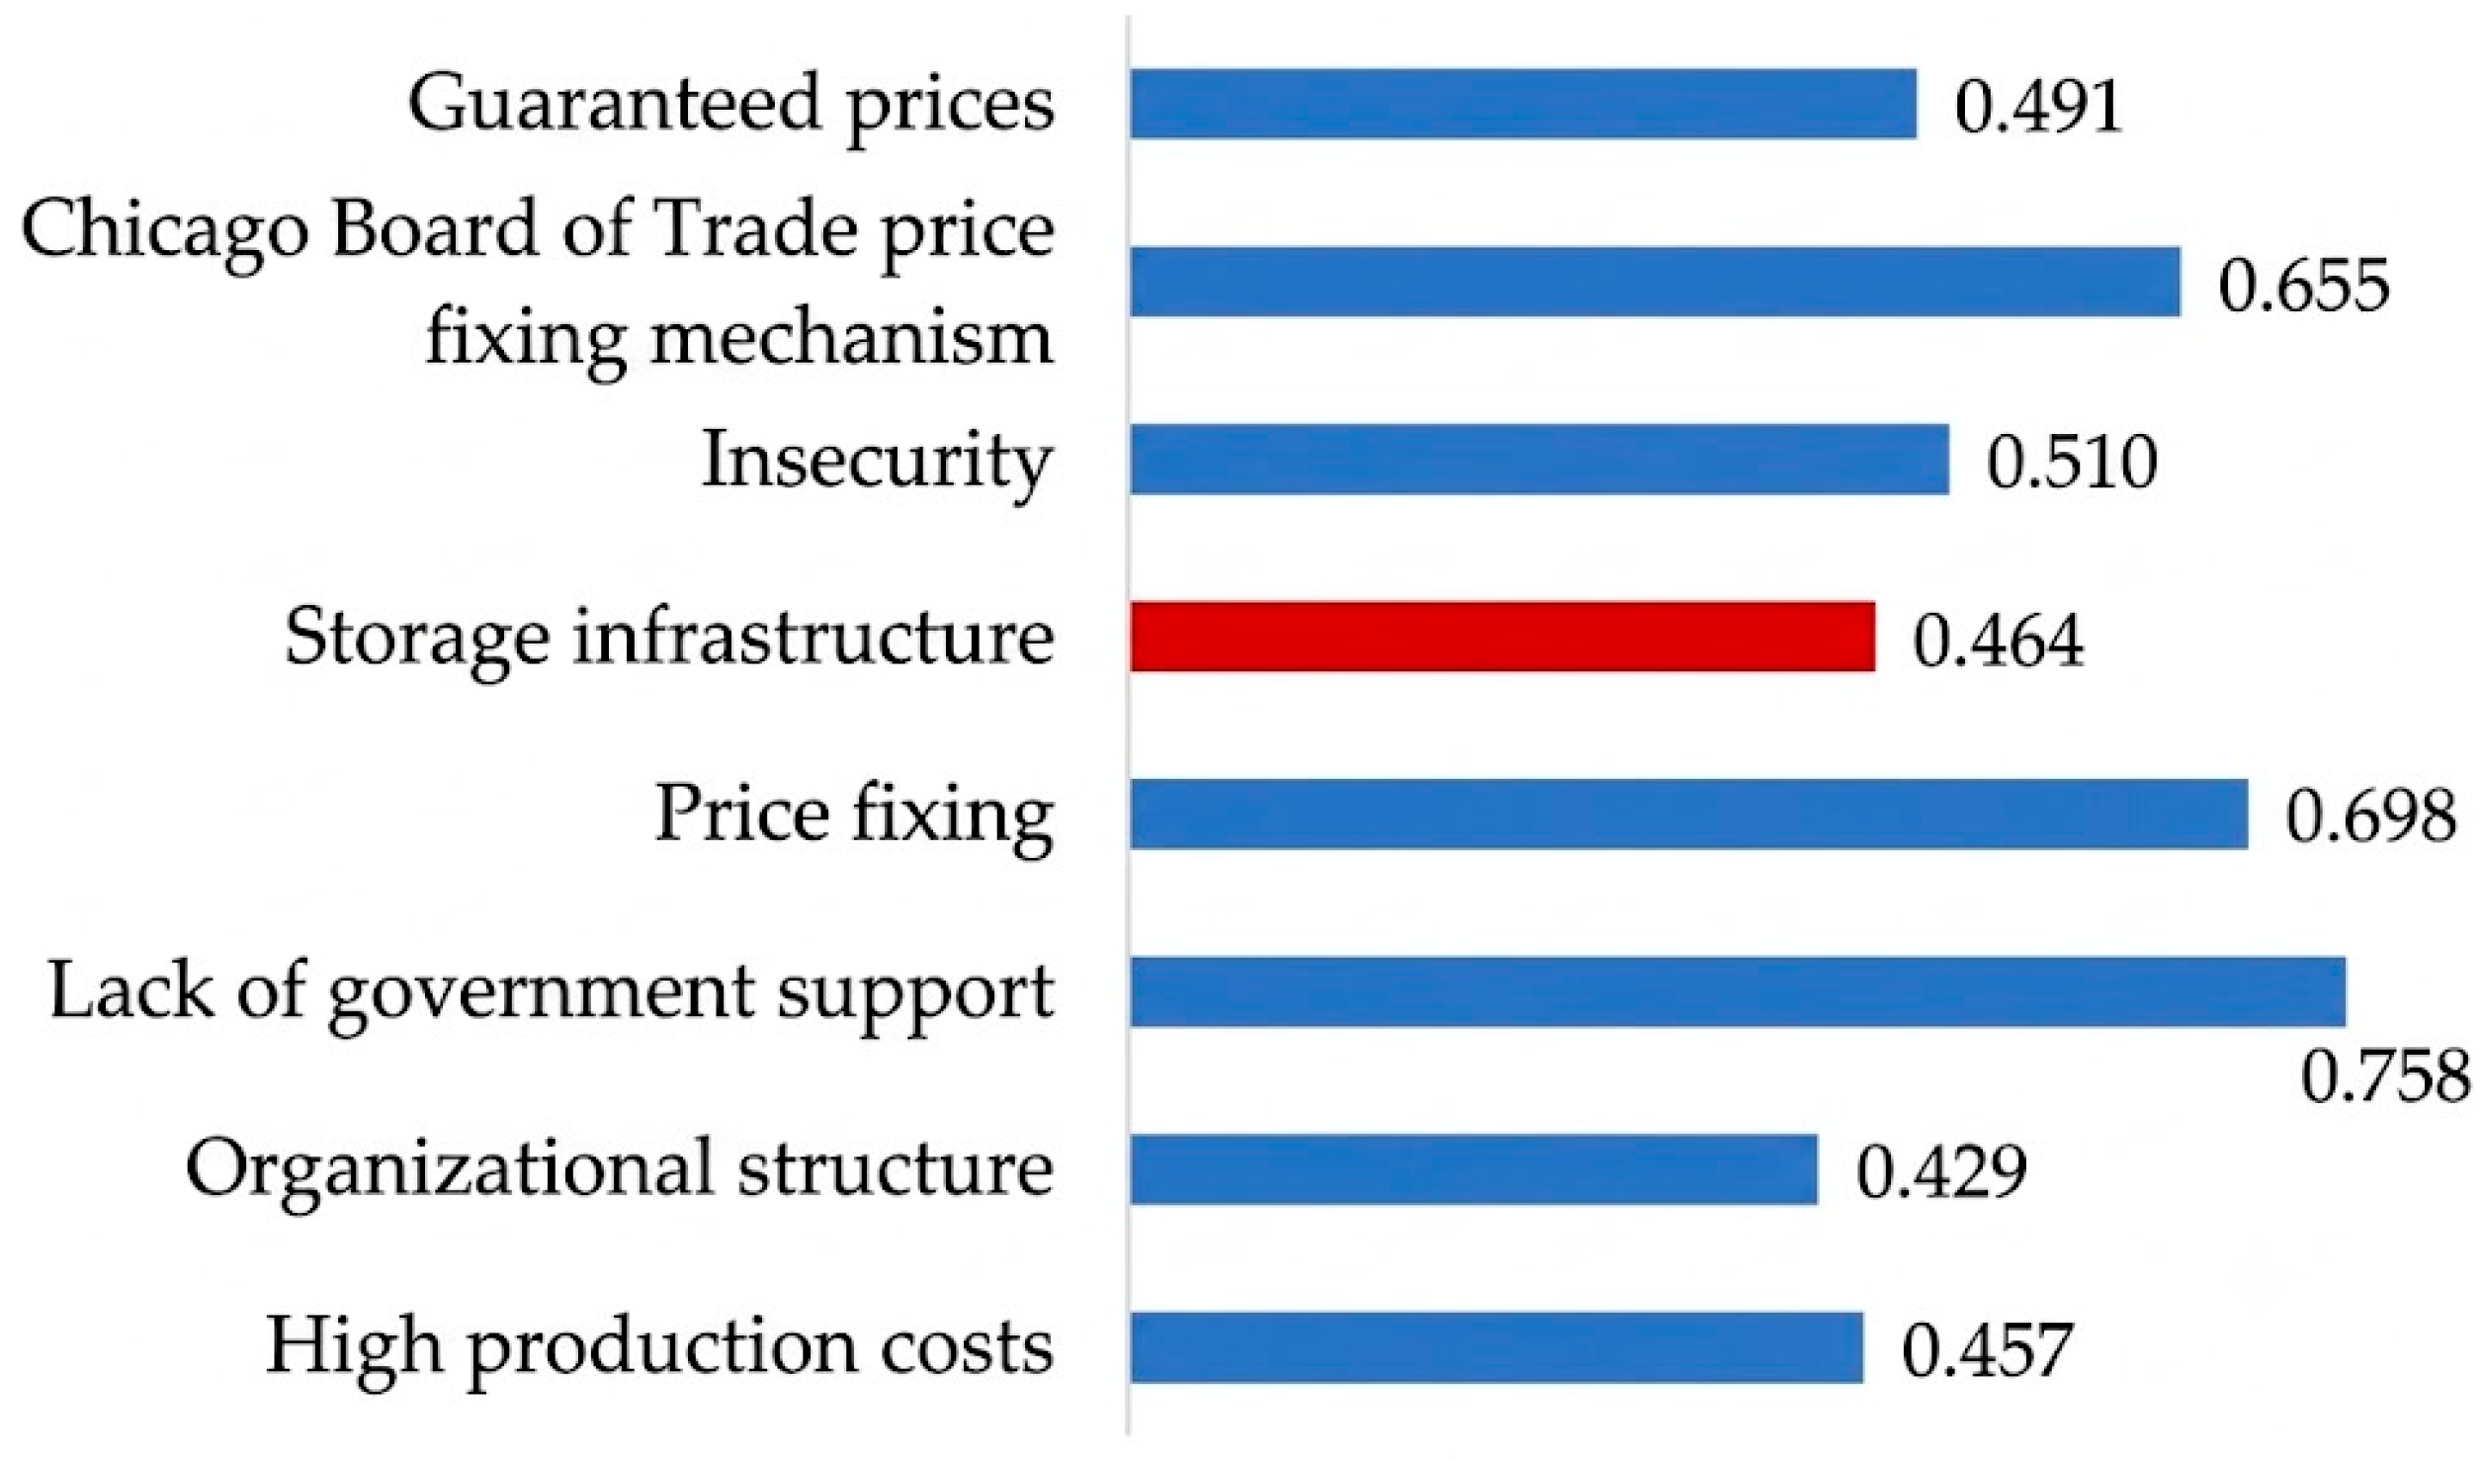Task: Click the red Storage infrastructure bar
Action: pyautogui.click(x=1502, y=637)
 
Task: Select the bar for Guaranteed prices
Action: pyautogui.click(x=1523, y=104)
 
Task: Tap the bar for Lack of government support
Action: pyautogui.click(x=1738, y=991)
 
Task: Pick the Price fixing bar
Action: pyautogui.click(x=1689, y=815)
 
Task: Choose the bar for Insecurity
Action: pyautogui.click(x=1540, y=459)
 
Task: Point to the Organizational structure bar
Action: pyautogui.click(x=1474, y=1169)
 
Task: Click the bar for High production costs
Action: pyautogui.click(x=1497, y=1346)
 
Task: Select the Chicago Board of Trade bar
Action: pyautogui.click(x=1656, y=282)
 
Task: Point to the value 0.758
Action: pyautogui.click(x=2385, y=1076)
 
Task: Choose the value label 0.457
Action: pyautogui.click(x=1987, y=1350)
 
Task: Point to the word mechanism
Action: pyautogui.click(x=852, y=338)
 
